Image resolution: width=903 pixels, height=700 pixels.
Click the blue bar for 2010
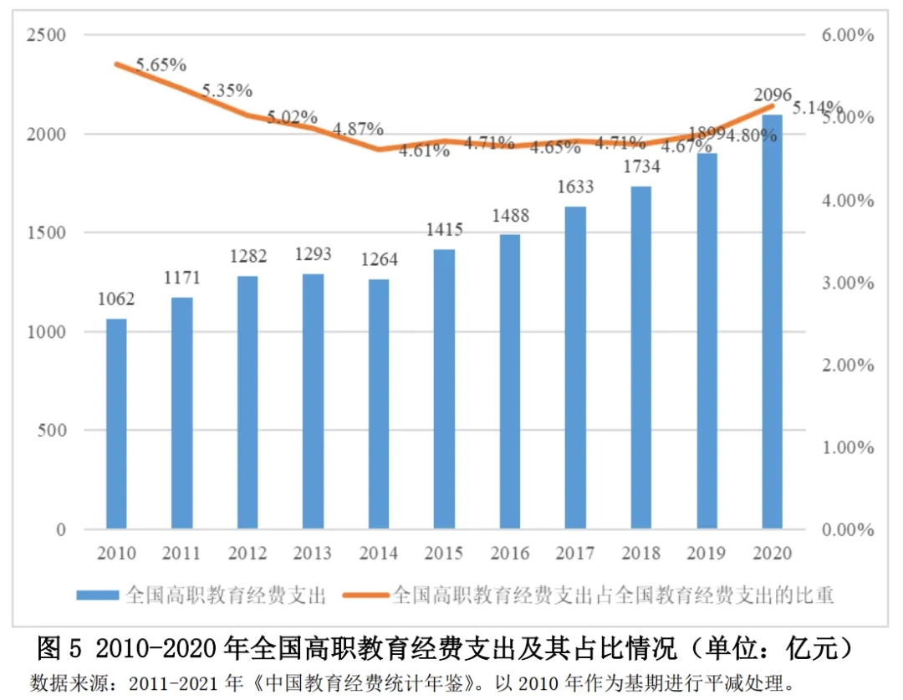[116, 424]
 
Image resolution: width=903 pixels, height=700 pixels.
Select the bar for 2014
[379, 404]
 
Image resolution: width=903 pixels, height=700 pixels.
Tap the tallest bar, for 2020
[772, 322]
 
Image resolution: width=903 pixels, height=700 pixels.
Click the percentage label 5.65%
[161, 64]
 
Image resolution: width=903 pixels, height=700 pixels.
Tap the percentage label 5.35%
[227, 90]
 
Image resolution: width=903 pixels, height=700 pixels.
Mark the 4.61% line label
[424, 151]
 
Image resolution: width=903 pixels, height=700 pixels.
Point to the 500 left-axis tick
[52, 432]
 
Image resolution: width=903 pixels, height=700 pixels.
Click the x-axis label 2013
[313, 554]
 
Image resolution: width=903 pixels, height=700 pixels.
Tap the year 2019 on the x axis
[706, 554]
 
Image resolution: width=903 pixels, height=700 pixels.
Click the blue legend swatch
[98, 595]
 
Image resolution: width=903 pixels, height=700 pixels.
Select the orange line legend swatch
[365, 595]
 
